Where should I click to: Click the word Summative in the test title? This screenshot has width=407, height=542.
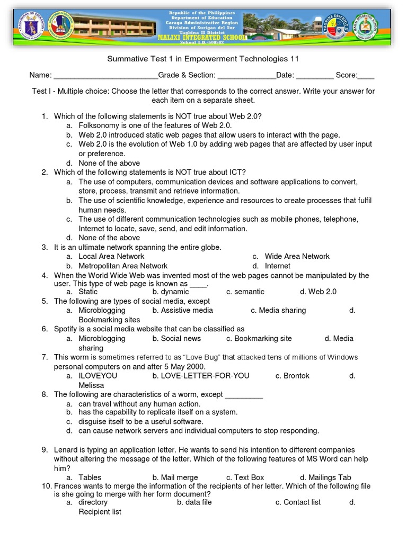[126, 59]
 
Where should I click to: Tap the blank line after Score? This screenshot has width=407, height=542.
[366, 76]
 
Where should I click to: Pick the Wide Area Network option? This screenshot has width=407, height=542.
[297, 256]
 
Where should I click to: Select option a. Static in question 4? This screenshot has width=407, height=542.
[88, 292]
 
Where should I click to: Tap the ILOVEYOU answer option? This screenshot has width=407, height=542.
[98, 376]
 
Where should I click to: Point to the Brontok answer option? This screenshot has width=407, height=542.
[296, 376]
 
